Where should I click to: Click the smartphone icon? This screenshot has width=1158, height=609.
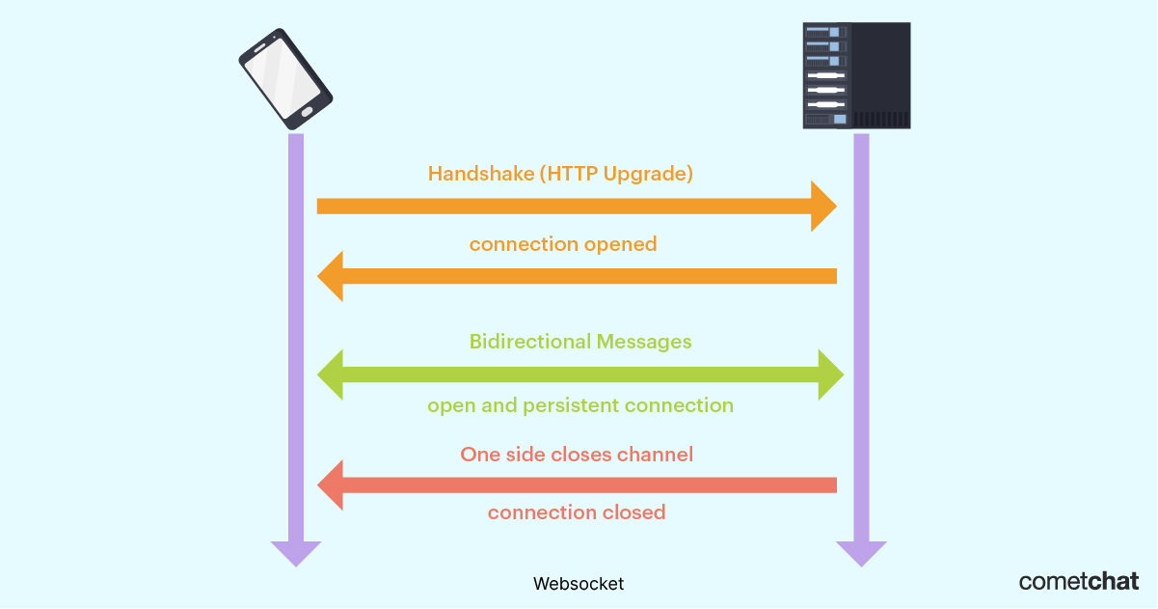[x=285, y=78]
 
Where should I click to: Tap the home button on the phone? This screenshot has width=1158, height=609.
[x=307, y=112]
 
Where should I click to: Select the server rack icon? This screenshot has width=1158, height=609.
[x=856, y=76]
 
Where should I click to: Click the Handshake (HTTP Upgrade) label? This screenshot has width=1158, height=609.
[x=560, y=175]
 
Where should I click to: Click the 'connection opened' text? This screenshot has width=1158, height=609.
[x=563, y=244]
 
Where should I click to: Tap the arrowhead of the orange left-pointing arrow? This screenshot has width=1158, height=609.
[x=330, y=276]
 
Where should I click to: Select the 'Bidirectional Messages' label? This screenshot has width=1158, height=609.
[x=580, y=342]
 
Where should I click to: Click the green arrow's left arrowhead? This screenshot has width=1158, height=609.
[x=330, y=374]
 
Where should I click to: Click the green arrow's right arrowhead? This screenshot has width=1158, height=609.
[x=831, y=374]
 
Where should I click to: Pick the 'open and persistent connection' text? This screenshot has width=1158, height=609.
[x=580, y=405]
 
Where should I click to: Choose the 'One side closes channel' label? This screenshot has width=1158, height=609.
[x=577, y=455]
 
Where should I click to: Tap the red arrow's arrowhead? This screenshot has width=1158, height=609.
[x=330, y=484]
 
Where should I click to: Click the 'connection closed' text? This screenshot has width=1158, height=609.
[x=577, y=512]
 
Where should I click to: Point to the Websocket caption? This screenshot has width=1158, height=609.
[x=579, y=584]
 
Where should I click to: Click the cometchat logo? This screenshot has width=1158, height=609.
[x=1079, y=581]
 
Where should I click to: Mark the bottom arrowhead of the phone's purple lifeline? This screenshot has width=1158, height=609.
[x=295, y=553]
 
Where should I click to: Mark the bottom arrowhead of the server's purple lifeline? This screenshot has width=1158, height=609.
[x=861, y=553]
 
